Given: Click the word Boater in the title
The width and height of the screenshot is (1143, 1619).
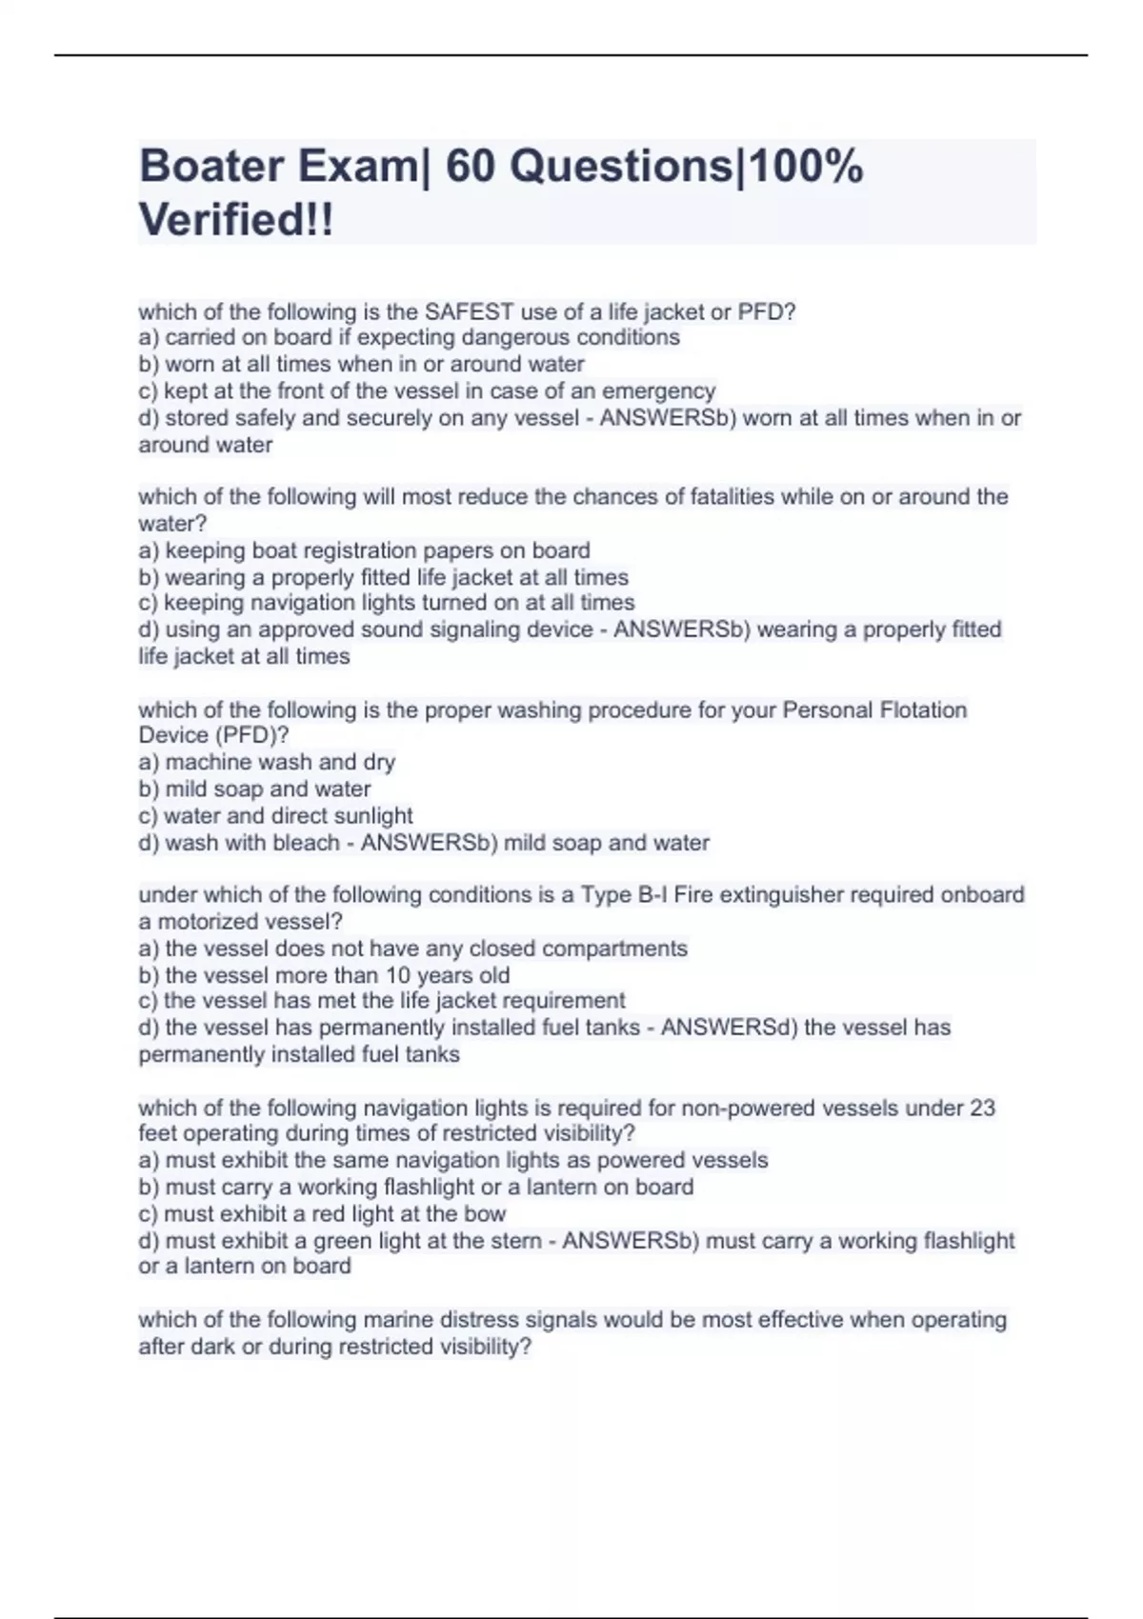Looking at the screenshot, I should pyautogui.click(x=211, y=167).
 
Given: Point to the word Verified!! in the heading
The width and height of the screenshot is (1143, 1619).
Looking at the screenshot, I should pyautogui.click(x=236, y=220).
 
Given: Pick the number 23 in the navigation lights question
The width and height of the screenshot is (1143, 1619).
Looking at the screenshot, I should pyautogui.click(x=982, y=1108).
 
